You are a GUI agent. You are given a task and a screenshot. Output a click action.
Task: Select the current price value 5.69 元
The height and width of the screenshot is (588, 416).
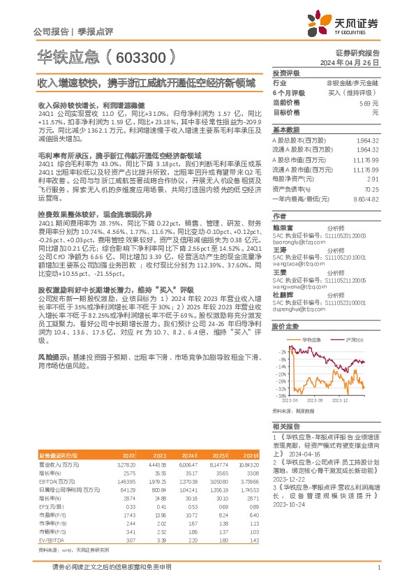click(x=369, y=102)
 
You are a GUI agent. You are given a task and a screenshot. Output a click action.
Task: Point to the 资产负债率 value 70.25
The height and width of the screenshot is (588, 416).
click(x=370, y=189)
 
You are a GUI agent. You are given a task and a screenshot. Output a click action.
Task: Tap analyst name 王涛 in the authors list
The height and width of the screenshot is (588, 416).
click(x=281, y=250)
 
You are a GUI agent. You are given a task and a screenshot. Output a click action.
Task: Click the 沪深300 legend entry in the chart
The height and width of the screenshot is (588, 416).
click(x=355, y=339)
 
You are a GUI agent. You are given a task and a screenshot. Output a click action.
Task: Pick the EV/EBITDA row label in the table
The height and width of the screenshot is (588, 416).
click(x=50, y=521)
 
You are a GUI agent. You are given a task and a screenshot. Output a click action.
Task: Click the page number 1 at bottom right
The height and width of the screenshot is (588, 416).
click(x=378, y=568)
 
